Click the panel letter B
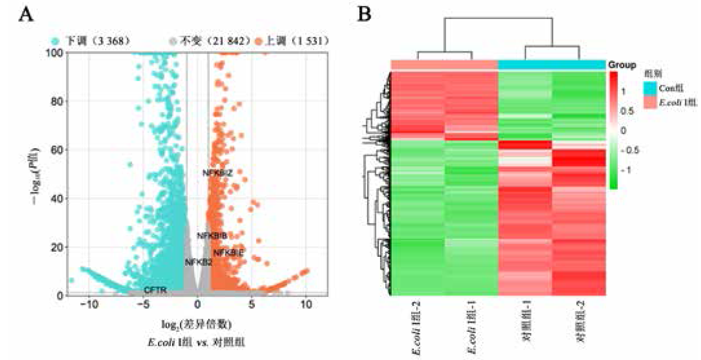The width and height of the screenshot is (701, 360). (364, 14)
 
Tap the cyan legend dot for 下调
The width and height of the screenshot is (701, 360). (55, 41)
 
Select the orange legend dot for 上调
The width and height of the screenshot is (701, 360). (258, 41)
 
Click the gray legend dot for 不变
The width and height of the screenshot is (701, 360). (173, 41)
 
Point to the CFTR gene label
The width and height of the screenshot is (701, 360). (155, 290)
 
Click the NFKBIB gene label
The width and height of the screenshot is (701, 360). (212, 236)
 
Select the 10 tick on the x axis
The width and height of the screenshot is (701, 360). (306, 305)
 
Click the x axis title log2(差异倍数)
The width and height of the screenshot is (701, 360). (197, 324)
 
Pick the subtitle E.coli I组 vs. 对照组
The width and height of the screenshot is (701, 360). (197, 343)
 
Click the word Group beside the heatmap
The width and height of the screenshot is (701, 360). (622, 65)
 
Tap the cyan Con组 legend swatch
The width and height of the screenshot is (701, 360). (650, 88)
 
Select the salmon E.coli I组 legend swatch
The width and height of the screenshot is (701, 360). (650, 102)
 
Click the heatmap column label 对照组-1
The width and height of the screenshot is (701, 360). (527, 321)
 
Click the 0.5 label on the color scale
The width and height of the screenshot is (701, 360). (627, 111)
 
